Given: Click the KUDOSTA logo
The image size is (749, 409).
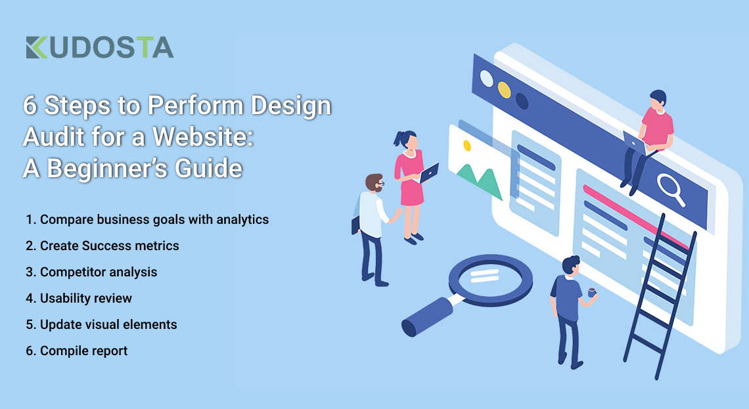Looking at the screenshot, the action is [100, 47].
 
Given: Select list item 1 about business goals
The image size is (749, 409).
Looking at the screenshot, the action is [147, 219].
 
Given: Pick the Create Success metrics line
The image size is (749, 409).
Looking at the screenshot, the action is [102, 246].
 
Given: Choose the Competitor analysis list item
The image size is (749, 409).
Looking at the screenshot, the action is [91, 272].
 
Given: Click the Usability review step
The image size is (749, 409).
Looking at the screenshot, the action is [79, 298].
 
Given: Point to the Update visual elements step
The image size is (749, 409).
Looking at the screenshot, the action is [101, 324].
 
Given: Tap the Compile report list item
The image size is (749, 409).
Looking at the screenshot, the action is [76, 351].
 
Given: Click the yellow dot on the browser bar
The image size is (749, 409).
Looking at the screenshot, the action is [504, 90].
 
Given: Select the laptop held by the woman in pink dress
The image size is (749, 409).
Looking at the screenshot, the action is [428, 173].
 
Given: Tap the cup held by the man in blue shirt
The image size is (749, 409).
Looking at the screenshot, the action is [592, 292].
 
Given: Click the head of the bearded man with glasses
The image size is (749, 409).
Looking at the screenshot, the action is [375, 183].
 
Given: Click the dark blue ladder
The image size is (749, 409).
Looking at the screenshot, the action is [660, 296].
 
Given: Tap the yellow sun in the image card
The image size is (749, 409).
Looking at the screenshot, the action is [466, 146].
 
